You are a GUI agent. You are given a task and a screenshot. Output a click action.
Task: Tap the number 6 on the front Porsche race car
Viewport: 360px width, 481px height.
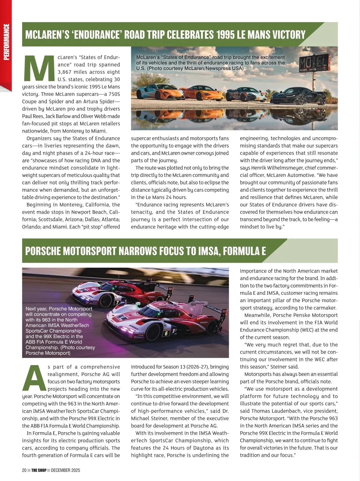[x=166, y=333]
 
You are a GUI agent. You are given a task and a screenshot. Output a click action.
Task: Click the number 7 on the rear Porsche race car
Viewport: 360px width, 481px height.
[x=118, y=303]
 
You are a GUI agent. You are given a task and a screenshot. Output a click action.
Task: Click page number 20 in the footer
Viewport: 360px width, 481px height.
[x=24, y=470]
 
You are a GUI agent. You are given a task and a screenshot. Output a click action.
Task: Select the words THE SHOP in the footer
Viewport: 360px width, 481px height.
[x=39, y=470]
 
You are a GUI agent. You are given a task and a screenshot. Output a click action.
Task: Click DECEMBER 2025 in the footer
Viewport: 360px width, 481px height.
[x=65, y=470]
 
